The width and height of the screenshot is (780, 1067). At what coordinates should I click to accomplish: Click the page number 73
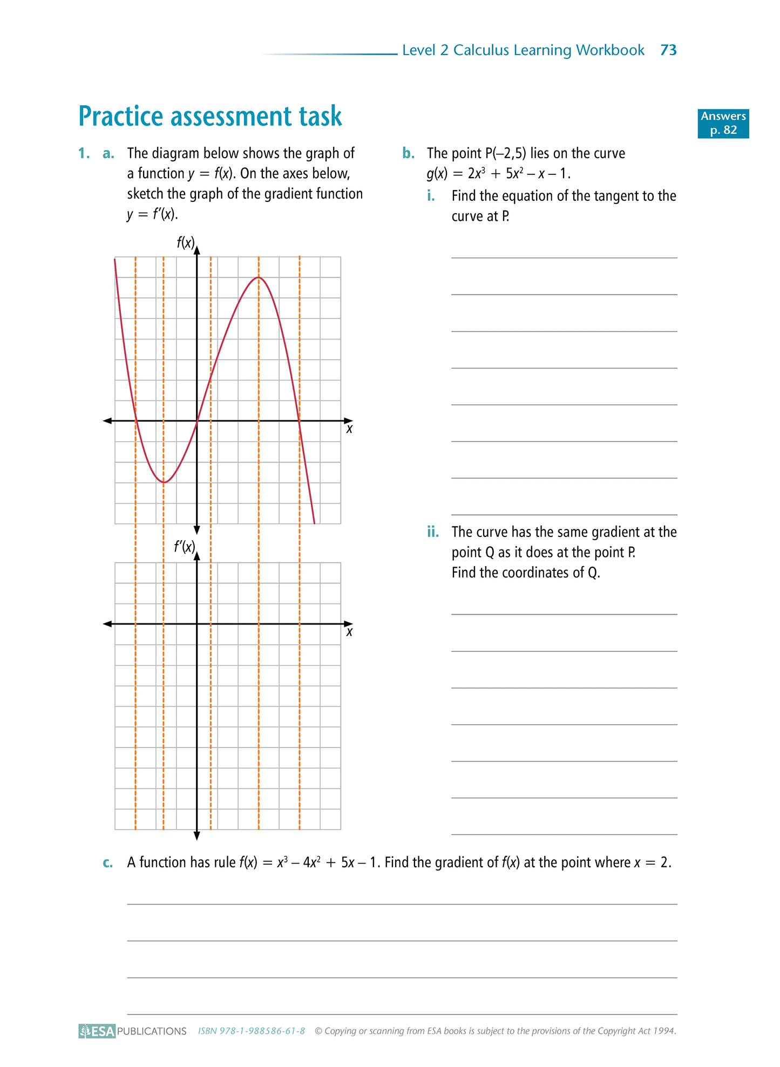pyautogui.click(x=668, y=50)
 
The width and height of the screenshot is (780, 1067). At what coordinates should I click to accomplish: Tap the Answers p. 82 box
pyautogui.click(x=723, y=123)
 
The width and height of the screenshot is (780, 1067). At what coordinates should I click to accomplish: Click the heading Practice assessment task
pyautogui.click(x=210, y=116)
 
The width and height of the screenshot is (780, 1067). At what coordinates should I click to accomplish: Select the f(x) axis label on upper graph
pyautogui.click(x=185, y=243)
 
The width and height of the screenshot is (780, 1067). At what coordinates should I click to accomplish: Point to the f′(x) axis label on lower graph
pyautogui.click(x=184, y=547)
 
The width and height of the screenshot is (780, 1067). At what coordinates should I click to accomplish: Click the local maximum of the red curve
pyautogui.click(x=259, y=277)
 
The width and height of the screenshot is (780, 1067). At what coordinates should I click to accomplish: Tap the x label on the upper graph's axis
pyautogui.click(x=349, y=429)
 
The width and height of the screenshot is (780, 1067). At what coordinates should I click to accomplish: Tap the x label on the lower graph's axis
pyautogui.click(x=349, y=632)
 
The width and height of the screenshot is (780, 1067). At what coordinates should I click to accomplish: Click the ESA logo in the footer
pyautogui.click(x=97, y=1031)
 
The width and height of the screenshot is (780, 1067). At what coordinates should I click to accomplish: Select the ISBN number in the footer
pyautogui.click(x=251, y=1031)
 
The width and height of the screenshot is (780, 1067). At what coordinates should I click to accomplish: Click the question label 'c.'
pyautogui.click(x=108, y=862)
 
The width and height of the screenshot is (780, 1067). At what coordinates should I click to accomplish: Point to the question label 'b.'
pyautogui.click(x=408, y=153)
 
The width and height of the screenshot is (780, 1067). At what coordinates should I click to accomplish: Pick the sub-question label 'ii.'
pyautogui.click(x=433, y=532)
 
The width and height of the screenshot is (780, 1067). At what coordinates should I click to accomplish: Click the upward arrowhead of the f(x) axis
pyautogui.click(x=197, y=249)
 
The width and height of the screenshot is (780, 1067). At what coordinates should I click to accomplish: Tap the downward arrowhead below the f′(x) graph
pyautogui.click(x=197, y=836)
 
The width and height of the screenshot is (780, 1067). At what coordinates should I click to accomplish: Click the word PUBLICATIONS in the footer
pyautogui.click(x=152, y=1031)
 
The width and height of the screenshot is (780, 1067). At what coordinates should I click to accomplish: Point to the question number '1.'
pyautogui.click(x=84, y=153)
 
